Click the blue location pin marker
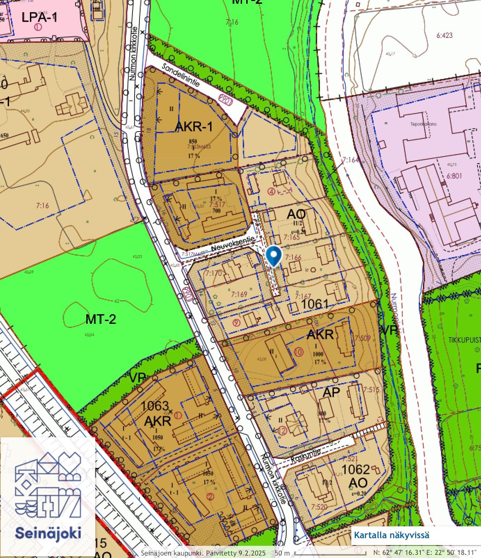(274, 256)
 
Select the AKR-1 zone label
(193, 127)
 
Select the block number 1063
(155, 406)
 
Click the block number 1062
(355, 470)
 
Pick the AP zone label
(331, 392)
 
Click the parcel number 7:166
(293, 257)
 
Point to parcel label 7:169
(239, 294)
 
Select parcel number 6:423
(444, 35)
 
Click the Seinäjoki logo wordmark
(48, 533)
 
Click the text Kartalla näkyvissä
(391, 535)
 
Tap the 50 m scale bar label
(282, 553)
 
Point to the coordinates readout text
(425, 552)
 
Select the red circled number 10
(298, 351)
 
